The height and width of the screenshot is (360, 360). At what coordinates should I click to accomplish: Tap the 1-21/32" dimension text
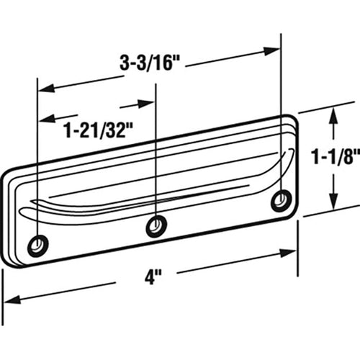[98, 131]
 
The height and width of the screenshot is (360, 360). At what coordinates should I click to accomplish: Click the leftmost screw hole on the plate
[38, 246]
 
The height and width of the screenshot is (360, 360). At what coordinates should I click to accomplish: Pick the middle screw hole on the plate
[156, 226]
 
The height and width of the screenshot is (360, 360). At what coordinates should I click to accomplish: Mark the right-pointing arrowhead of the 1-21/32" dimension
[145, 104]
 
